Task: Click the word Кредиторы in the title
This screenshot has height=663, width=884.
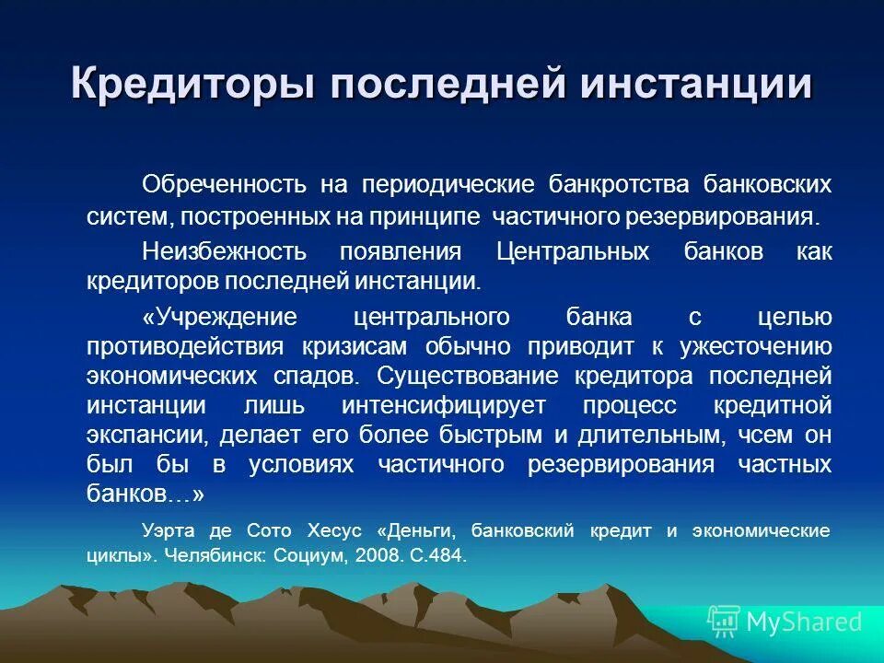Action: (x=192, y=86)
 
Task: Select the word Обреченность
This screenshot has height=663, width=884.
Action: (x=224, y=183)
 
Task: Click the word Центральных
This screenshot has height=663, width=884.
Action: (x=573, y=251)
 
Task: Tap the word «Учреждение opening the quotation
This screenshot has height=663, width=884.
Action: (x=220, y=317)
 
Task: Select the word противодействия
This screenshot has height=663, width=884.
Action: (x=187, y=346)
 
